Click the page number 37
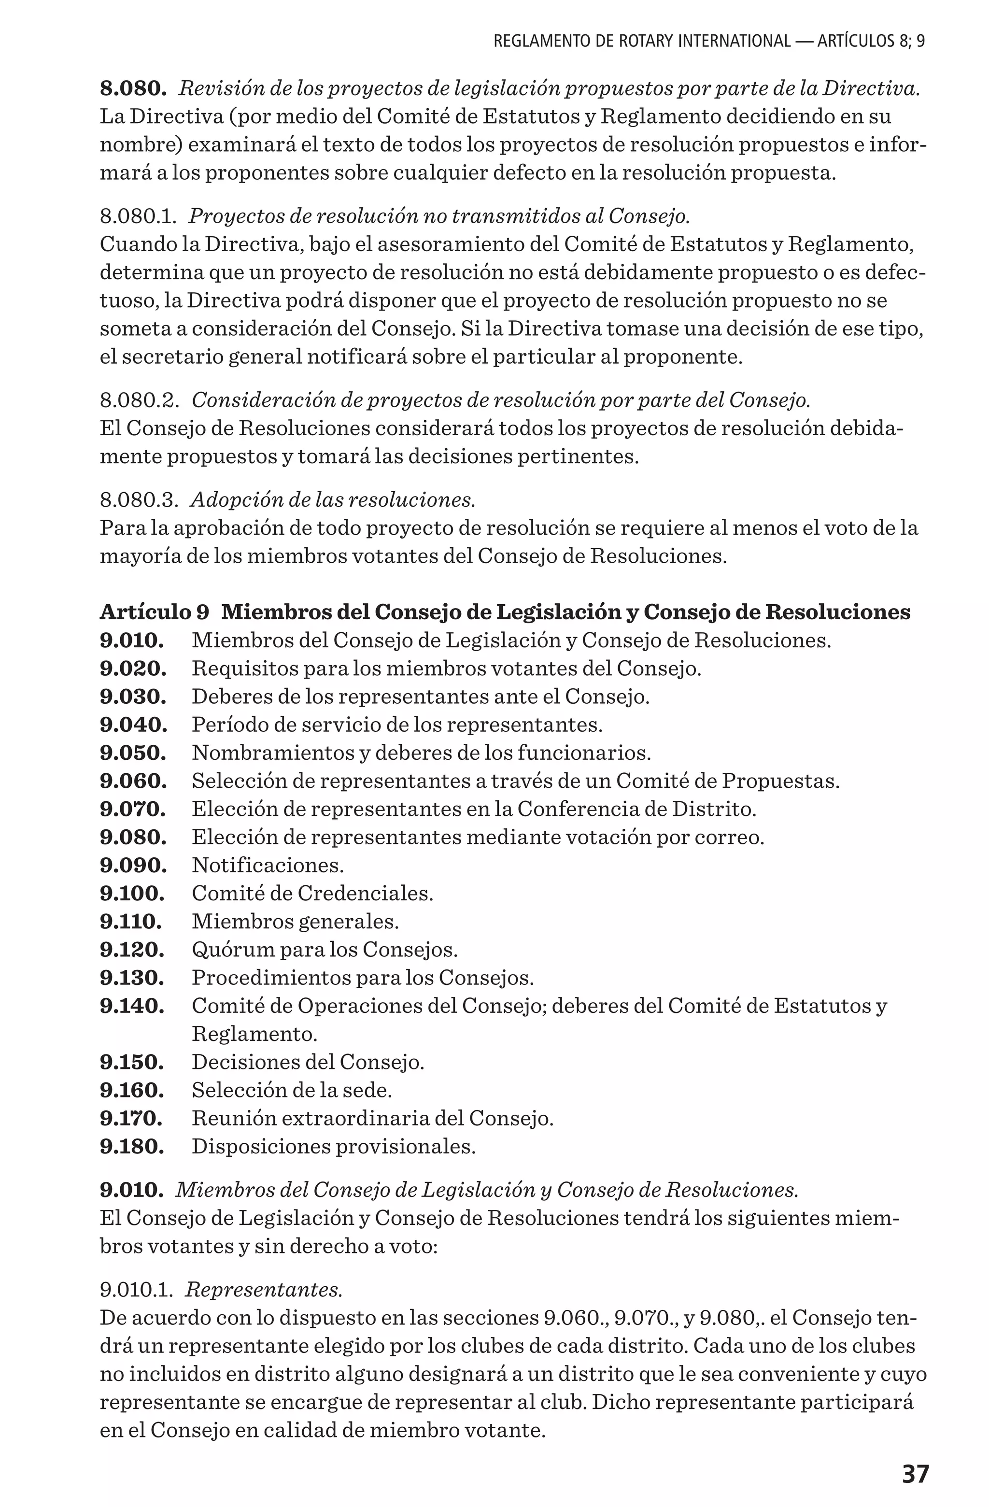[915, 1474]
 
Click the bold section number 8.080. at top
[133, 89]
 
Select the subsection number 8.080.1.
[138, 216]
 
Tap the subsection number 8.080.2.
[139, 400]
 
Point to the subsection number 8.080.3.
[139, 500]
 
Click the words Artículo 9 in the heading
[155, 612]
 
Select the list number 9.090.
[133, 866]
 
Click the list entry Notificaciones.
[268, 866]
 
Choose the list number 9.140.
[132, 1006]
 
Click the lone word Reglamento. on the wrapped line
[254, 1034]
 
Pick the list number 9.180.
[132, 1147]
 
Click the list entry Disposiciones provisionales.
[334, 1147]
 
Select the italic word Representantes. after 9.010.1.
[264, 1290]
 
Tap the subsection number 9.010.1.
[136, 1290]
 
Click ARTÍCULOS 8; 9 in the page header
[871, 42]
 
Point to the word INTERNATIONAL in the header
[734, 42]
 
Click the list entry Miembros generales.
[296, 922]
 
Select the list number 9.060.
[133, 782]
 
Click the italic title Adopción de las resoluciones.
[332, 500]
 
